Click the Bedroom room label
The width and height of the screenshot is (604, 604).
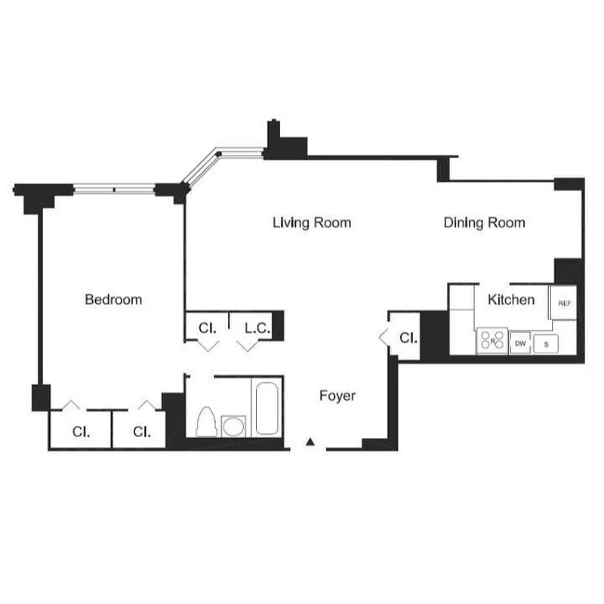[x=113, y=300]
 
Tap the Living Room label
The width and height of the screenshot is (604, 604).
[x=312, y=223]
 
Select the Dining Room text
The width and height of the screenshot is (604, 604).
[x=484, y=223]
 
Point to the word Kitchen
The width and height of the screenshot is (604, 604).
[x=511, y=300]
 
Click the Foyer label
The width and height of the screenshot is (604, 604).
[x=337, y=396]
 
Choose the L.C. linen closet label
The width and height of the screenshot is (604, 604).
[x=254, y=328]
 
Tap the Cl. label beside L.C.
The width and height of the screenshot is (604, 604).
[x=208, y=328]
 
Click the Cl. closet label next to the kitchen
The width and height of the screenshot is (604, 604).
[x=408, y=337]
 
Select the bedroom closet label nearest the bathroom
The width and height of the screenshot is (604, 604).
[x=142, y=432]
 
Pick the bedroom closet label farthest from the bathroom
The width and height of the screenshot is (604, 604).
[x=82, y=432]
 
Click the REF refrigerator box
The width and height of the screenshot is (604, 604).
[x=565, y=303]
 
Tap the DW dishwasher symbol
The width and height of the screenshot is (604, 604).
[x=520, y=344]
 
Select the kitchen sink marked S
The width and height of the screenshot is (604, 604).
[x=547, y=344]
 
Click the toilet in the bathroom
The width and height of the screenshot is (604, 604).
[x=205, y=422]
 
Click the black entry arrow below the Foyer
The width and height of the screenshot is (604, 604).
[x=310, y=443]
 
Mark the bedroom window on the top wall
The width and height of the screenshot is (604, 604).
[x=114, y=189]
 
